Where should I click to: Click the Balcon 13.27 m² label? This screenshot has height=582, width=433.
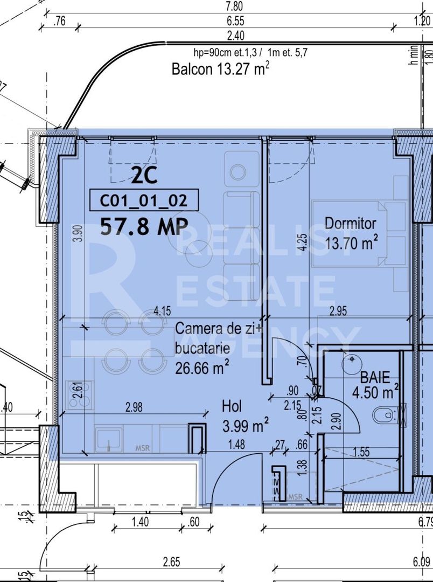(x=220, y=69)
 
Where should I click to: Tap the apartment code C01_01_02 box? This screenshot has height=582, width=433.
(x=144, y=201)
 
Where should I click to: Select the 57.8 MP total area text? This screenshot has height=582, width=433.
(x=144, y=226)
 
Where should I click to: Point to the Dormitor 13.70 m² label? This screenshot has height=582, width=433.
(x=351, y=233)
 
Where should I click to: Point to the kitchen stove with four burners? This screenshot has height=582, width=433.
(x=79, y=394)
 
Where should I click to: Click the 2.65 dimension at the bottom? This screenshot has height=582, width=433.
(x=171, y=562)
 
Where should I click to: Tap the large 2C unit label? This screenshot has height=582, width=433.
(x=144, y=175)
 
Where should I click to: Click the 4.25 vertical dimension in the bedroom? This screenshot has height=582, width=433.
(x=304, y=241)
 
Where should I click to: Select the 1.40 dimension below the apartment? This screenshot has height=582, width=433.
(x=141, y=522)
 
